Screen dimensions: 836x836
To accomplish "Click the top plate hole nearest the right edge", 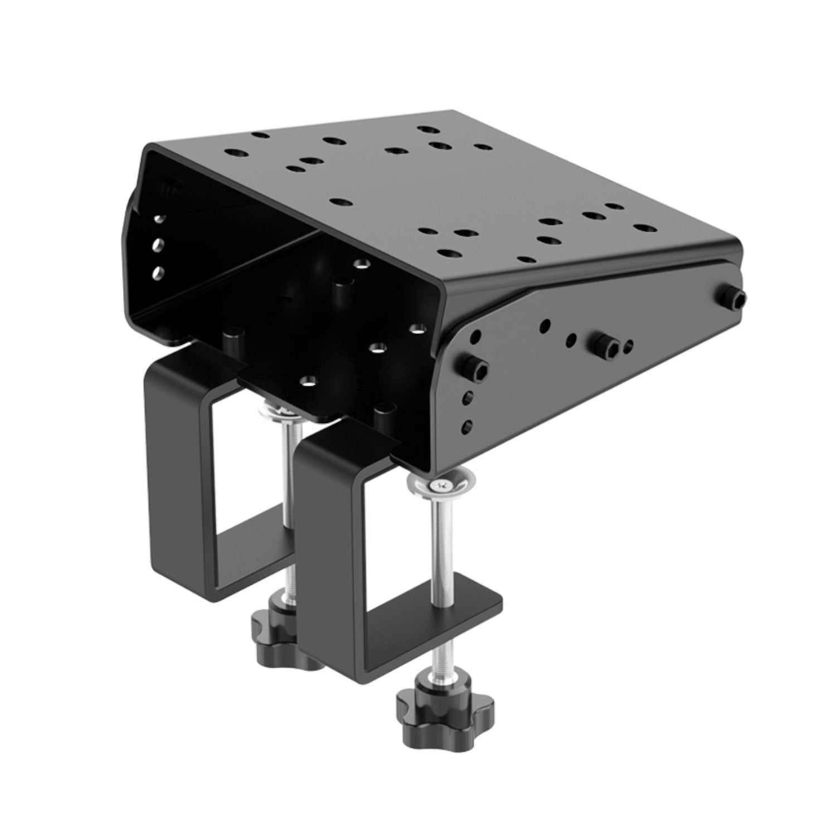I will [644, 229].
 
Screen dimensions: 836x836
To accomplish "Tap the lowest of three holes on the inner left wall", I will [158, 273].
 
